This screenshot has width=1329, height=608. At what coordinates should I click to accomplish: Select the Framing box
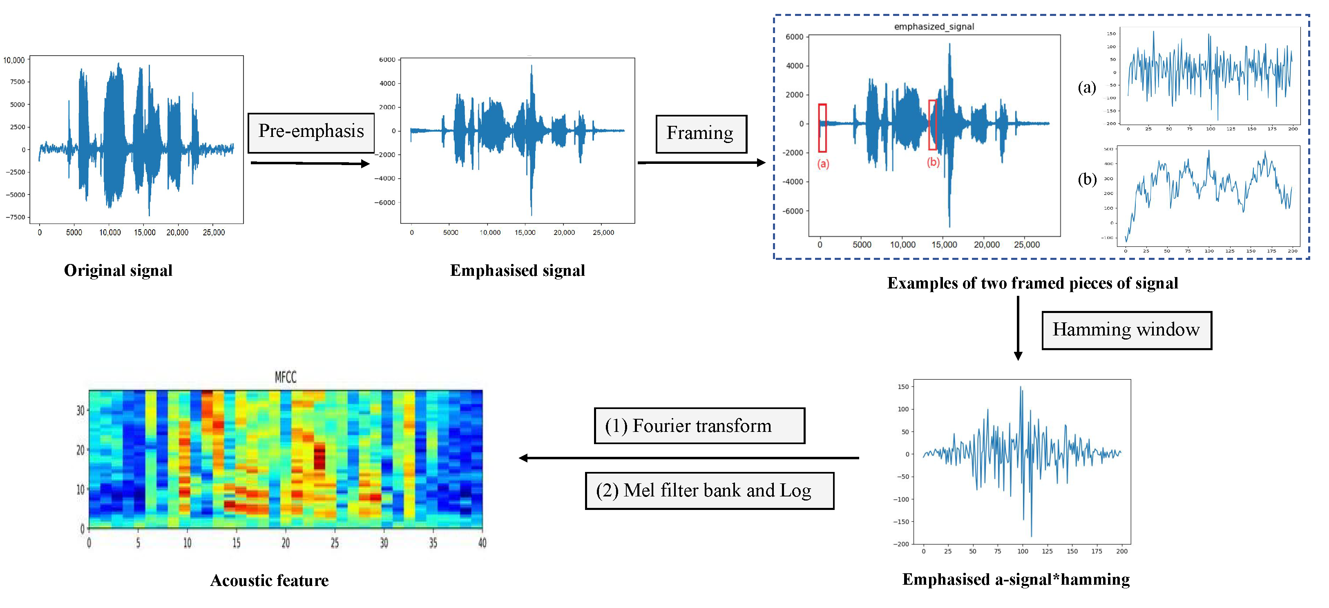pos(701,134)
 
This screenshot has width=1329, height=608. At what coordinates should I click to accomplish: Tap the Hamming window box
pos(1126,330)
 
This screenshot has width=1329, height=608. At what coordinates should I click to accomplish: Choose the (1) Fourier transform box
pos(699,426)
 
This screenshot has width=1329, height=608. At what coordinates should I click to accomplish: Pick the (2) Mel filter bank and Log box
pos(709,490)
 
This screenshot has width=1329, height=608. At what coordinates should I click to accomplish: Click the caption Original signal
pos(118,270)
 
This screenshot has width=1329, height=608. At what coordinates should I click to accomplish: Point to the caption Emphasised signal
pos(518,270)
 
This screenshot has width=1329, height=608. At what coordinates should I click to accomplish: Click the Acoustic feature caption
pos(269,581)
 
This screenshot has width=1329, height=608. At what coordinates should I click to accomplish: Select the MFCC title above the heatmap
pos(285,377)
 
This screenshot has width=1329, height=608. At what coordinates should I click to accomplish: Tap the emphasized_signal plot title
pos(934,26)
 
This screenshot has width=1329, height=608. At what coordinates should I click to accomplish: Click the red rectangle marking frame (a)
pos(822,127)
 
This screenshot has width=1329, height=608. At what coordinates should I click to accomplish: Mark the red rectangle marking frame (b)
pos(933,125)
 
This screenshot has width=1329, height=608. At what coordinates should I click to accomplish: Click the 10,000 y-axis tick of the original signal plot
pos(14,60)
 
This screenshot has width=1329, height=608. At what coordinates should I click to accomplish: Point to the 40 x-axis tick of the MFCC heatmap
pos(482,543)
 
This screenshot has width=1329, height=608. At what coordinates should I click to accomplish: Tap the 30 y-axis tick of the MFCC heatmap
pos(80,411)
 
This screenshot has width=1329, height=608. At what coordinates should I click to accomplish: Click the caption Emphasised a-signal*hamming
pos(1016,580)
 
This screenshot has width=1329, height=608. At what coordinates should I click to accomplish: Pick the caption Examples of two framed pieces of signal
pos(1032,283)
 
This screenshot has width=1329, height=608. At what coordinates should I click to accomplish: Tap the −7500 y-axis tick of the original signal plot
pos(16,217)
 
